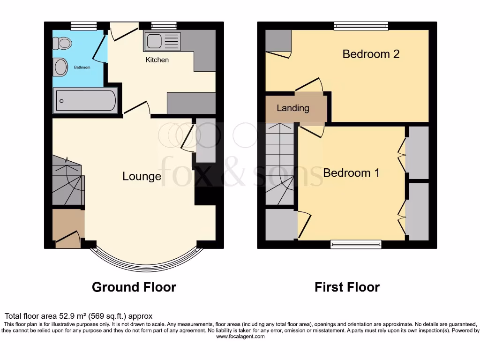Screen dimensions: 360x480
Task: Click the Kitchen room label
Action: (157, 60)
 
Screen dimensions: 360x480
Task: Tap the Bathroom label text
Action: (82, 67)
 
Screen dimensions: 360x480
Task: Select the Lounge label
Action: (142, 176)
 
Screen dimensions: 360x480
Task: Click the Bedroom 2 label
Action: (371, 54)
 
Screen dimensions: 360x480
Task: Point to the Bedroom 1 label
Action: (351, 172)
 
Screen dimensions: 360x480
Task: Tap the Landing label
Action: (293, 108)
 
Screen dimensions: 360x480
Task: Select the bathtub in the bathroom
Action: (85, 100)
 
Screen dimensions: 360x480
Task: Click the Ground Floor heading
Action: (134, 287)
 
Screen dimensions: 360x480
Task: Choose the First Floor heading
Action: (347, 287)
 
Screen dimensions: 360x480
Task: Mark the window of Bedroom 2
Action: (361, 26)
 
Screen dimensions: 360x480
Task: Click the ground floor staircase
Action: (67, 183)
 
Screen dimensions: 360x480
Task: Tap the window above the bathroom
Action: (83, 26)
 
